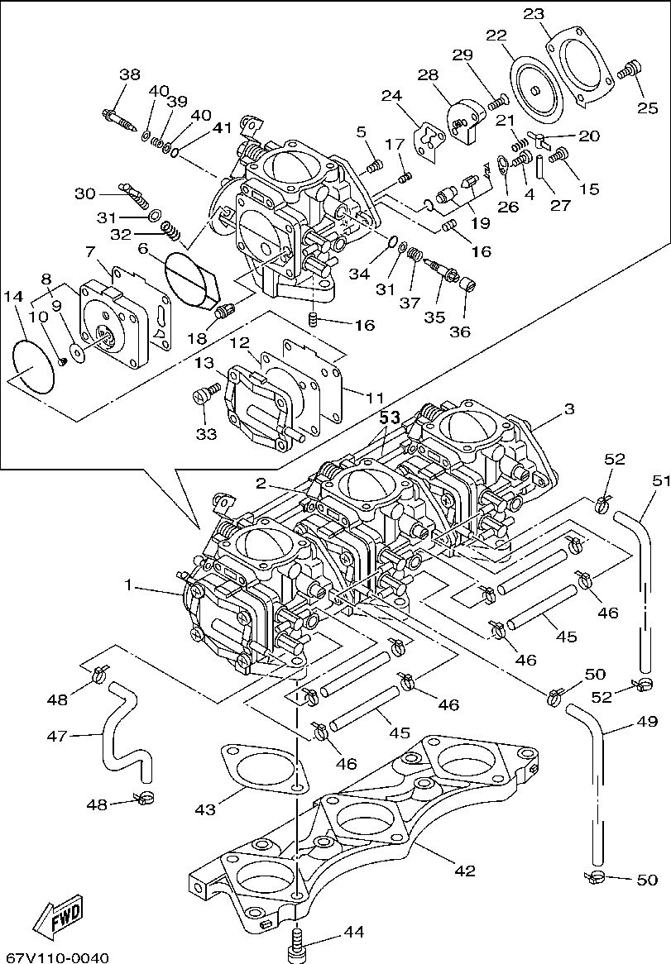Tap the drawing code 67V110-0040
(55, 957)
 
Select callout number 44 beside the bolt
(354, 932)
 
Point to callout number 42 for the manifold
(465, 871)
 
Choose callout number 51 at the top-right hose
(661, 480)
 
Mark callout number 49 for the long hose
(647, 721)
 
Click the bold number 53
(390, 419)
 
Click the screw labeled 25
(631, 67)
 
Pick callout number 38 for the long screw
(130, 74)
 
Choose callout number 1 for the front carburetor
(129, 585)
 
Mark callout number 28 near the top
(428, 75)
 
